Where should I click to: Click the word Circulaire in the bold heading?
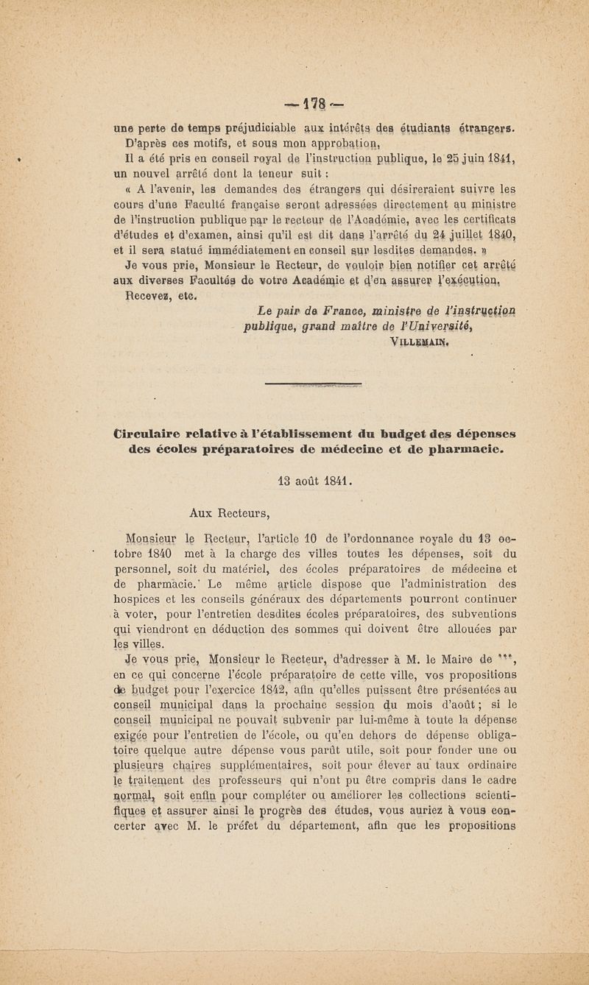[148, 434]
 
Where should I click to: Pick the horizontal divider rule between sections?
[312, 384]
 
